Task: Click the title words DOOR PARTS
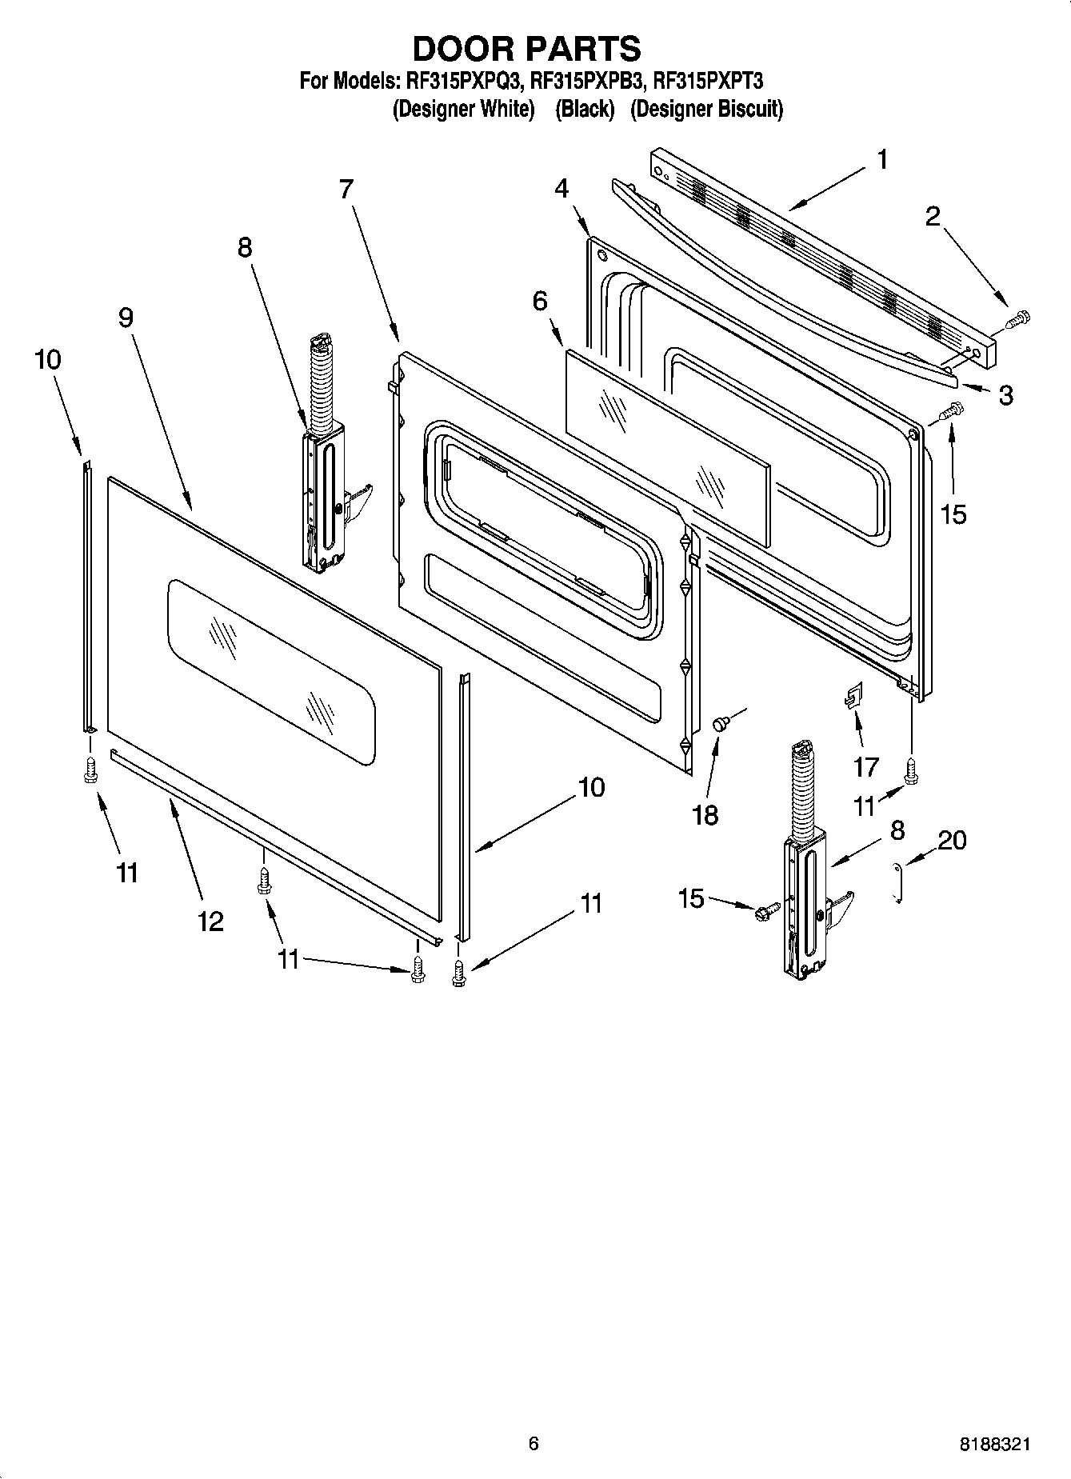click(526, 49)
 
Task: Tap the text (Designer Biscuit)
click(706, 110)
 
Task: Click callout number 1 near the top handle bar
click(881, 160)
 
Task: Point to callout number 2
click(933, 217)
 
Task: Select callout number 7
click(346, 190)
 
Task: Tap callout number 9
click(126, 318)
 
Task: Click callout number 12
click(210, 922)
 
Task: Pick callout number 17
click(866, 767)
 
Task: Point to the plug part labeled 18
click(719, 724)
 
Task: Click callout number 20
click(952, 840)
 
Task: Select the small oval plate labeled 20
click(898, 883)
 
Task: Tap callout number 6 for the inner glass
click(540, 302)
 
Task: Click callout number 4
click(561, 189)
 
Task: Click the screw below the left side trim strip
click(90, 770)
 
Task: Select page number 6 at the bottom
click(534, 1443)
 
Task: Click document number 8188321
click(995, 1445)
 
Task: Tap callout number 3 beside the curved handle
click(1005, 395)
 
